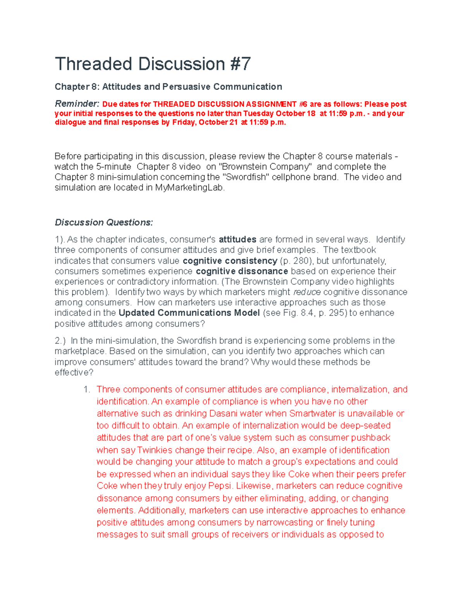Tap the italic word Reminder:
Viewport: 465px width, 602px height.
click(77, 104)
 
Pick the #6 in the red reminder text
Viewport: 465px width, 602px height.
click(303, 104)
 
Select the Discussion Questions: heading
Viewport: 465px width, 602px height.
click(104, 223)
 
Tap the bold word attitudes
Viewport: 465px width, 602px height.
click(238, 240)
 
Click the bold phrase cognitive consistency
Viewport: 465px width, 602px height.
click(230, 261)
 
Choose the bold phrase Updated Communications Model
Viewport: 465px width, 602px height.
click(189, 313)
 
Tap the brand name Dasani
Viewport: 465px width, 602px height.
click(223, 414)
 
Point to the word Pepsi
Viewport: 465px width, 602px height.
click(220, 486)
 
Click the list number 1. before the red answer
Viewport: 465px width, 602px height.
click(87, 390)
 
